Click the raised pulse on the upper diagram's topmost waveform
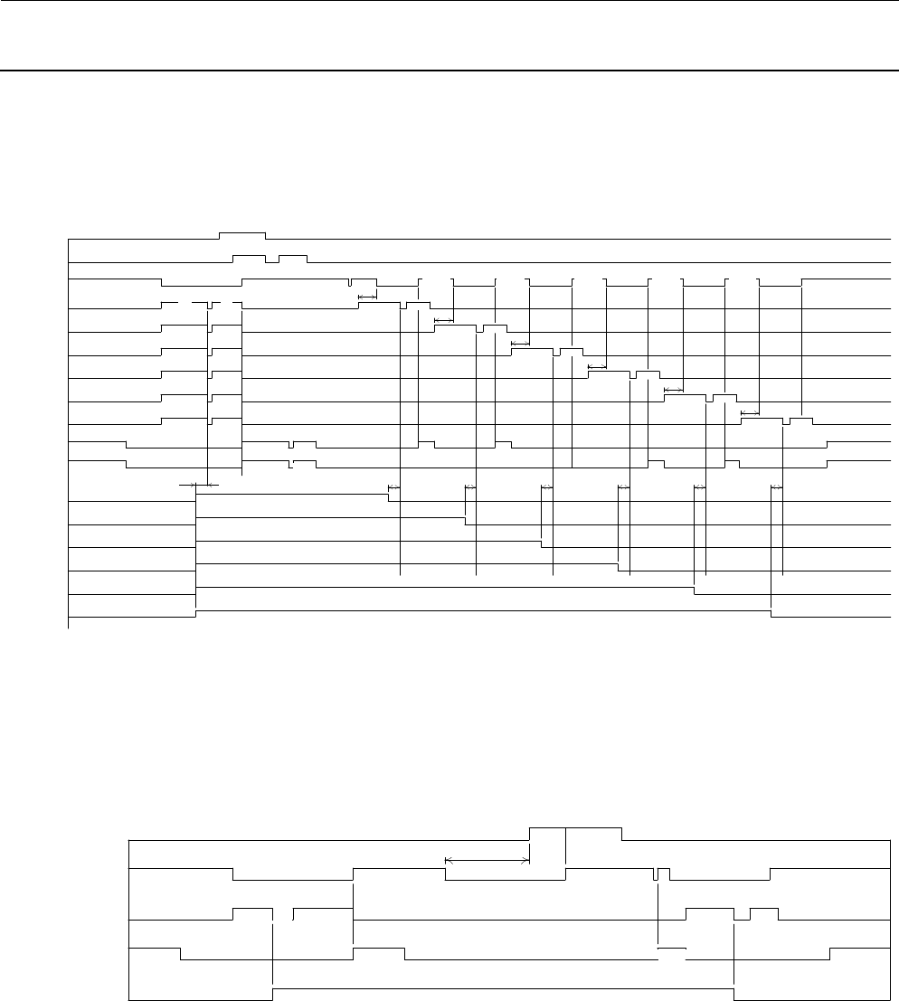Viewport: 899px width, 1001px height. (242, 233)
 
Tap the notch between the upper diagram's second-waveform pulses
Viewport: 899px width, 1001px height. (272, 260)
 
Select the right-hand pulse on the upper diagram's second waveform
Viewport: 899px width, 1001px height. (293, 256)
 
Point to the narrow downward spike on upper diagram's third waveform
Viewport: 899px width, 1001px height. (350, 286)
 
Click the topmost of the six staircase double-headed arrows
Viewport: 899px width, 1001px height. (367, 297)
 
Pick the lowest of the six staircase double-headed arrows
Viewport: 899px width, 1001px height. (749, 413)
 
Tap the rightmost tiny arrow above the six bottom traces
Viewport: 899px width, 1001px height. (777, 488)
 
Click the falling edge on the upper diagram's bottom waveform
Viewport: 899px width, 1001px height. (771, 615)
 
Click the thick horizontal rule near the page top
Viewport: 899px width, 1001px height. (449, 71)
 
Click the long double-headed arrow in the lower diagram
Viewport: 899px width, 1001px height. (487, 861)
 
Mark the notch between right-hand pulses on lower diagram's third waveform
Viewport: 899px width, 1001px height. (742, 916)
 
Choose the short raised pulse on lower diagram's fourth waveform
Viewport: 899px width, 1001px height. (378, 949)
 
